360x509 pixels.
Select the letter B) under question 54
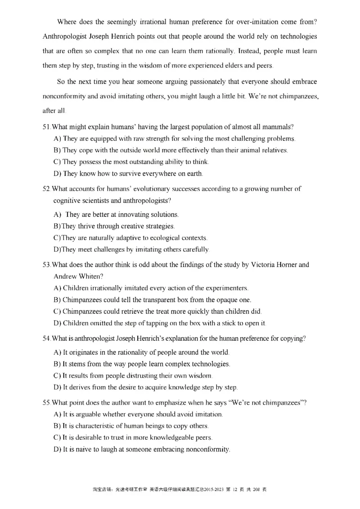(x=57, y=363)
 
